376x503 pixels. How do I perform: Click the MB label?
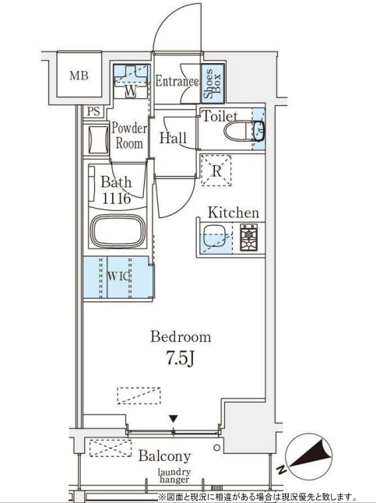[79, 76]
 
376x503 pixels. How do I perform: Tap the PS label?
[94, 111]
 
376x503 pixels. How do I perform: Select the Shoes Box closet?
[213, 83]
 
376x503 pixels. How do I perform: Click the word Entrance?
[177, 81]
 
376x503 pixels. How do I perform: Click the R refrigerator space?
[216, 171]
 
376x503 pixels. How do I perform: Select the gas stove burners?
[249, 237]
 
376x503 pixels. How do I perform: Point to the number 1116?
[117, 199]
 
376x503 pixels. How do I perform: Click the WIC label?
[118, 276]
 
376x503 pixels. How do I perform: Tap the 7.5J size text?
[181, 358]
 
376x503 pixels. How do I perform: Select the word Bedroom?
[181, 337]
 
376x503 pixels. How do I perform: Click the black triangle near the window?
[174, 419]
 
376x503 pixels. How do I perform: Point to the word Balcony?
[164, 456]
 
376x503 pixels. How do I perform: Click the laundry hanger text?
[174, 476]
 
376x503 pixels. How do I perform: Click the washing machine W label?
[131, 91]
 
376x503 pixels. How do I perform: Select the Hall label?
[174, 138]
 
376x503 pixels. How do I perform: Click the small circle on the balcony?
[217, 448]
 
